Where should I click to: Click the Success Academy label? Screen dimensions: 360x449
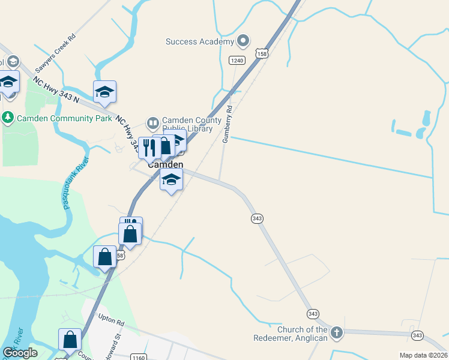click(200, 41)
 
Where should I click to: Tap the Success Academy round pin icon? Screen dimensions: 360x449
click(243, 41)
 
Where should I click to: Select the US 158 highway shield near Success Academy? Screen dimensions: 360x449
click(261, 53)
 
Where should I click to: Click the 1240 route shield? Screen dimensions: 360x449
click(237, 60)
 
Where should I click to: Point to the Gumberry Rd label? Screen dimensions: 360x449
click(228, 124)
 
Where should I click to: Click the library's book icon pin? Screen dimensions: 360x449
click(153, 124)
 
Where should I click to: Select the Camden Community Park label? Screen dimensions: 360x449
click(64, 118)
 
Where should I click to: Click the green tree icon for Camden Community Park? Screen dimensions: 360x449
click(8, 118)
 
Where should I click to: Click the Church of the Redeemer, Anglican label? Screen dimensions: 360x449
click(303, 334)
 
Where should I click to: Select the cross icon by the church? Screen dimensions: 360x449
click(337, 332)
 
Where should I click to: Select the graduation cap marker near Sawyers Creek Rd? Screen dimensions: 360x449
click(104, 92)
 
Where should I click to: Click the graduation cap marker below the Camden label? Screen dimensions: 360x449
click(171, 179)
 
